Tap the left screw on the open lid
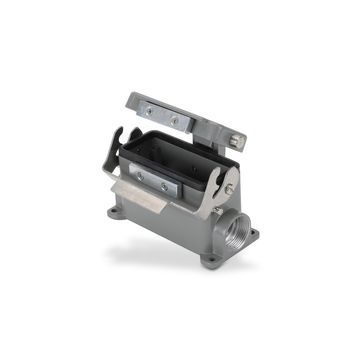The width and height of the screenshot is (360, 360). (147, 105)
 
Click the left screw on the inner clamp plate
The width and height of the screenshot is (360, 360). (139, 174)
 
